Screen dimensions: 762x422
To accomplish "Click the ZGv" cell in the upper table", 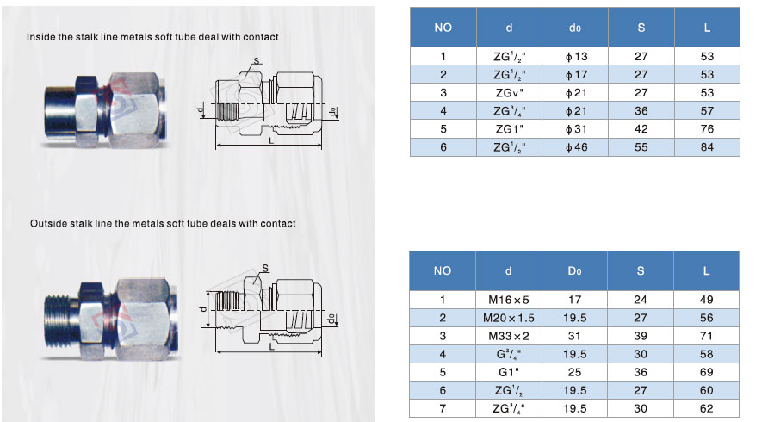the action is click(510, 92).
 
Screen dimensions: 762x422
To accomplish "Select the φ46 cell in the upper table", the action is click(576, 146).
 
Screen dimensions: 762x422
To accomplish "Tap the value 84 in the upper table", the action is click(707, 146).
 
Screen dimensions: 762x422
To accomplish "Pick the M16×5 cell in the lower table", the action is click(509, 300).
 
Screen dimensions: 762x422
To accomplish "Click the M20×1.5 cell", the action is click(509, 318).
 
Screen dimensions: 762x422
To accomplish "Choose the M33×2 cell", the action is click(509, 336).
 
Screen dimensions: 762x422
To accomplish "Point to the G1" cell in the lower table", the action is click(509, 372).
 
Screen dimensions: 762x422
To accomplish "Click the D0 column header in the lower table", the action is click(574, 271).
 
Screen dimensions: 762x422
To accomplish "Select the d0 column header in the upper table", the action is click(575, 28).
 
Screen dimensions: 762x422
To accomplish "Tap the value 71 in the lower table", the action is click(706, 336).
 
